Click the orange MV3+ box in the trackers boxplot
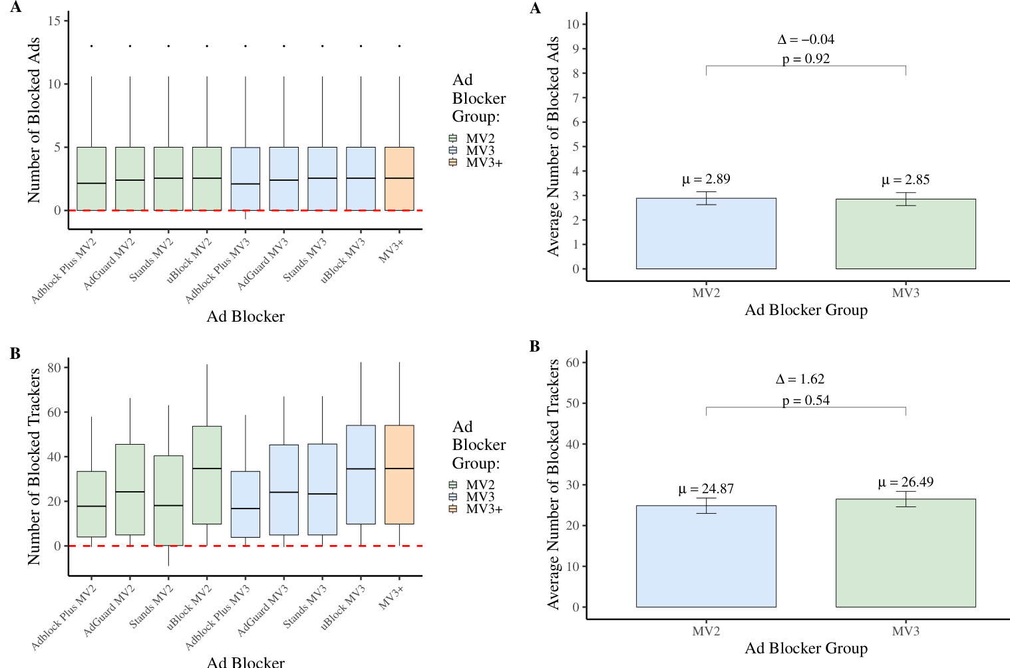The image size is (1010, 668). point(399,475)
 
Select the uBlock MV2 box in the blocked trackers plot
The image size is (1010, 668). point(207,475)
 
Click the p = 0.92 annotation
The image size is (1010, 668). point(806,59)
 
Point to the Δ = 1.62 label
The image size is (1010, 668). point(800,380)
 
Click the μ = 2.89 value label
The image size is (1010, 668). point(706,179)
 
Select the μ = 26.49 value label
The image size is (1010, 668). point(906,483)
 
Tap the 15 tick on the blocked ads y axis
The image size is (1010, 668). point(55,21)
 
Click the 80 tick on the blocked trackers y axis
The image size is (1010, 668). point(55,368)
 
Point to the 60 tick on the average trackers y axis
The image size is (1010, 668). point(572,363)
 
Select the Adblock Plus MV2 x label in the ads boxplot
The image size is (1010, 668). point(65,271)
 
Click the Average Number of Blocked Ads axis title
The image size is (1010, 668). point(553,146)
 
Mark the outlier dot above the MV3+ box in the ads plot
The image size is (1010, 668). point(399,47)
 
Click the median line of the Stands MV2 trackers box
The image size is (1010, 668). point(168,506)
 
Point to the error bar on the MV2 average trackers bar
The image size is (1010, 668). point(706,506)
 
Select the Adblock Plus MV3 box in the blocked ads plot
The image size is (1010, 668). point(246,179)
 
